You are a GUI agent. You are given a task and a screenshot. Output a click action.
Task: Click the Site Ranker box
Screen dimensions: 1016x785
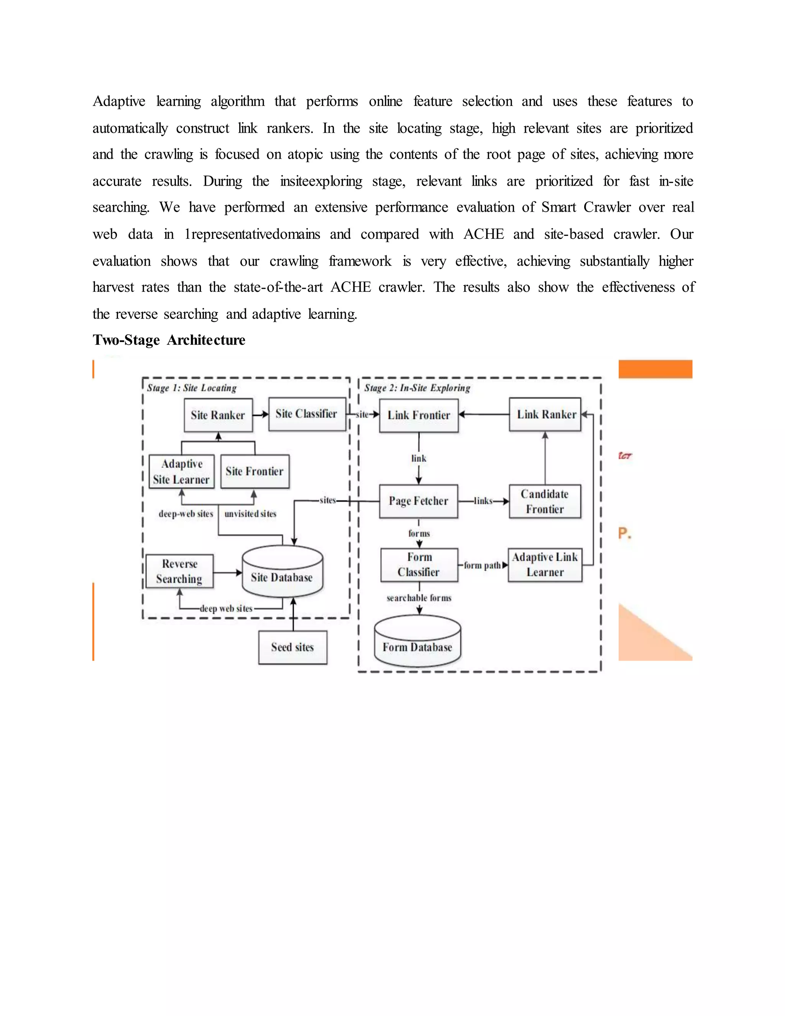pos(218,415)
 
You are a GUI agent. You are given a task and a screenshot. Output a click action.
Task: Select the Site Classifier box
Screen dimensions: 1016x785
pos(307,414)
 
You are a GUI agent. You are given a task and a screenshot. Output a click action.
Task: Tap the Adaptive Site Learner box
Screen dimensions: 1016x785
pos(181,471)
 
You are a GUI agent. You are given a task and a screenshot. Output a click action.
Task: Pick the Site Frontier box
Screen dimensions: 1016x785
pos(255,471)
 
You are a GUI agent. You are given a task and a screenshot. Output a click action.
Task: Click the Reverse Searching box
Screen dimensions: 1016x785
pos(179,571)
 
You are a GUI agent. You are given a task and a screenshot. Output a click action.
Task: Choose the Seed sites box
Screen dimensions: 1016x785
pos(292,647)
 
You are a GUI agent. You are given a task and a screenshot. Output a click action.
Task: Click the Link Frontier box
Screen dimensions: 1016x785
pos(419,415)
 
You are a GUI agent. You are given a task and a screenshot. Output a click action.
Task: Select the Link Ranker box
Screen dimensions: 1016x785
pos(545,414)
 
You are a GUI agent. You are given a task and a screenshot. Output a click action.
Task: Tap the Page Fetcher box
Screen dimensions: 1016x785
pos(419,501)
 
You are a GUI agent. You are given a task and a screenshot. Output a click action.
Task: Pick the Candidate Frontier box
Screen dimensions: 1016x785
pos(545,501)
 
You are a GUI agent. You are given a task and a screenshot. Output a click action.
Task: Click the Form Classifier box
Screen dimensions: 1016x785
pos(419,565)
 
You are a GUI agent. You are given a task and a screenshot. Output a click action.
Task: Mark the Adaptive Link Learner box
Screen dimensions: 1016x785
pos(545,565)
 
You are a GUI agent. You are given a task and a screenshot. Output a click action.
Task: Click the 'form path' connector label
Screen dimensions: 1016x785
pos(482,565)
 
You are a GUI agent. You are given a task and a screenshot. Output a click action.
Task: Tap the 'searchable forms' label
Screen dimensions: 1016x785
pos(419,598)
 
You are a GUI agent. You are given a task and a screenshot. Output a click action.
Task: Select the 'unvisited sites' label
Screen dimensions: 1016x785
pos(250,514)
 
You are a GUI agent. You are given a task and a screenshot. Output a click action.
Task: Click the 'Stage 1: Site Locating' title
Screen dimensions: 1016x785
pos(192,388)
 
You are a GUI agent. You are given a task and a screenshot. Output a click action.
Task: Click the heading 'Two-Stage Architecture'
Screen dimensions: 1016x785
pos(169,340)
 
